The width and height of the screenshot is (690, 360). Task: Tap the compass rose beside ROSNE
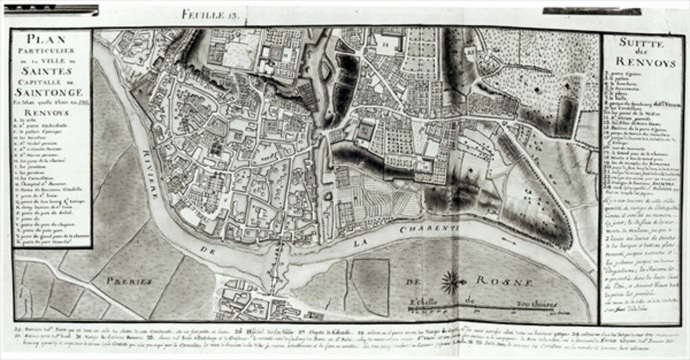[452, 279]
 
